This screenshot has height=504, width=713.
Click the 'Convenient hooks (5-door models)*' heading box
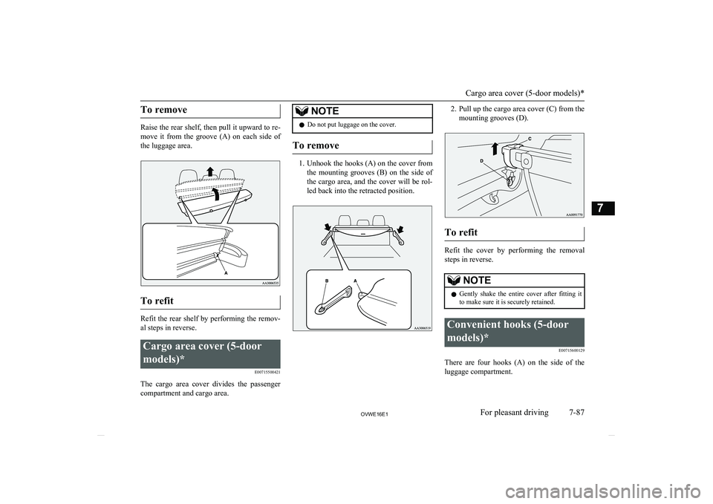pos(514,331)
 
